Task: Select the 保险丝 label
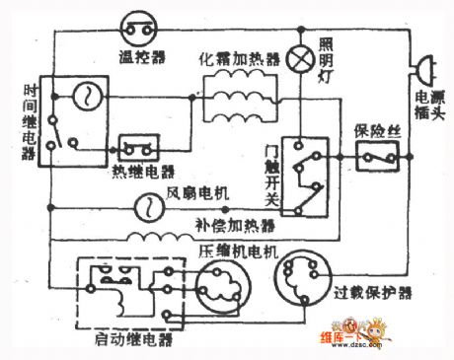pos(375,131)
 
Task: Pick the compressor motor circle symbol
pos(222,291)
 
